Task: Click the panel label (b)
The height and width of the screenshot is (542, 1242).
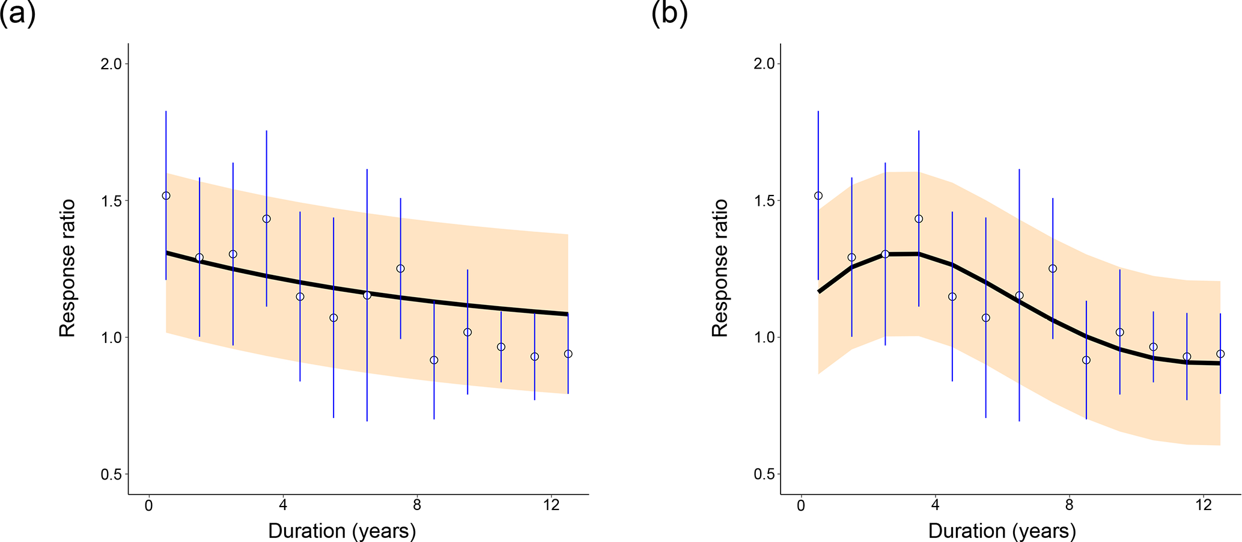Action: click(x=669, y=14)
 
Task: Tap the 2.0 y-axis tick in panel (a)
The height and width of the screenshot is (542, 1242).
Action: click(x=111, y=64)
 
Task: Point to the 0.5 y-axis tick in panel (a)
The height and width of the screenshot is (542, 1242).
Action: click(x=111, y=474)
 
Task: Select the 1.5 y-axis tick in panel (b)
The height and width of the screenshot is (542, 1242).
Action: click(x=763, y=200)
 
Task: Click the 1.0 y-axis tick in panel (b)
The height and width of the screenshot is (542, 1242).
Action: click(x=763, y=337)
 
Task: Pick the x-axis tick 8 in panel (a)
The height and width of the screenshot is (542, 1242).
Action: click(x=417, y=506)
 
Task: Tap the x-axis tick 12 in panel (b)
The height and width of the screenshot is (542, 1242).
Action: click(x=1204, y=506)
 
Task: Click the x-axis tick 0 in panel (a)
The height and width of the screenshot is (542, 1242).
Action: click(x=149, y=506)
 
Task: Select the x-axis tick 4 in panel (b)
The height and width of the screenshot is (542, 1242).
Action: click(x=936, y=506)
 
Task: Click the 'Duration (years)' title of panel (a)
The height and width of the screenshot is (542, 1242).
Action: click(x=342, y=531)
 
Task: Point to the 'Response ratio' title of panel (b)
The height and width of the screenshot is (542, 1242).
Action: click(x=719, y=268)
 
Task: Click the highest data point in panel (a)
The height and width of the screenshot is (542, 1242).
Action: click(x=166, y=196)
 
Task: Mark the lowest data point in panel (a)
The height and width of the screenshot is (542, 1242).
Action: click(x=434, y=360)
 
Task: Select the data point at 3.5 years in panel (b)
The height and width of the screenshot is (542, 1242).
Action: click(x=919, y=219)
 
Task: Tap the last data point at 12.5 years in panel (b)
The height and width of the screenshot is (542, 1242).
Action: click(x=1220, y=354)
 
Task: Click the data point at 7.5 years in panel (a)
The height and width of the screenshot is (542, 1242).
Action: click(x=400, y=268)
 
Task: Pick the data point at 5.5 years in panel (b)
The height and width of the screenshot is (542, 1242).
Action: click(x=985, y=318)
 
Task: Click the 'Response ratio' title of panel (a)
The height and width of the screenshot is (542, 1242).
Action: click(x=67, y=268)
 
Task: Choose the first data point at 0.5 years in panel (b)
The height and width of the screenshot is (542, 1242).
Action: click(x=818, y=196)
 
